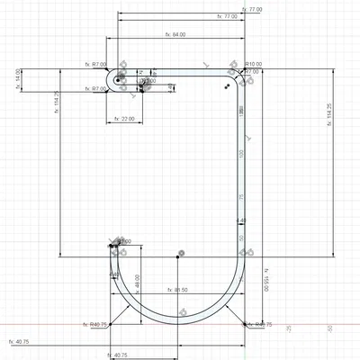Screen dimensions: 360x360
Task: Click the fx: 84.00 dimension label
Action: (x=175, y=34)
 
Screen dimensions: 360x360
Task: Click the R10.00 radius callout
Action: (x=253, y=65)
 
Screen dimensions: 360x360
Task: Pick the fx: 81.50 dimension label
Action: (x=175, y=290)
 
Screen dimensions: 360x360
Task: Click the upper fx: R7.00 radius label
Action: (x=94, y=65)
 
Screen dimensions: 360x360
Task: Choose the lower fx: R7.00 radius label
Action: (x=94, y=88)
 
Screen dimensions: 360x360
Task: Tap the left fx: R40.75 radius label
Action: (x=95, y=325)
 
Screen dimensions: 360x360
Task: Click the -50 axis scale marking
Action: (x=330, y=330)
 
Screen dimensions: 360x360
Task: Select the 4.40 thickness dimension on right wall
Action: (x=240, y=220)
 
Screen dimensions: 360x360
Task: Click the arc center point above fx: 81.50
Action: (x=181, y=253)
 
